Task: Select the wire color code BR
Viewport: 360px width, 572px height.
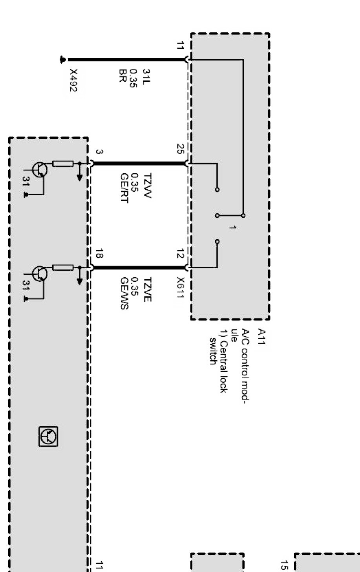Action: point(122,75)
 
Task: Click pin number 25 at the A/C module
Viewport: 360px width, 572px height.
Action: point(180,149)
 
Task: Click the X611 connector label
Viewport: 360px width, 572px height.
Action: point(180,288)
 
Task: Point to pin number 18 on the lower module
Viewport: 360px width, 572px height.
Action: point(99,255)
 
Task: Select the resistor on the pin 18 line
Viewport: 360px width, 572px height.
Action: point(63,268)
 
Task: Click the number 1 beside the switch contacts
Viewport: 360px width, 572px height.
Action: point(232,228)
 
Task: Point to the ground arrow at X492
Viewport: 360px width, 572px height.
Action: point(62,60)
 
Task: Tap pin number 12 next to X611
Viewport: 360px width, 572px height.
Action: point(180,255)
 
